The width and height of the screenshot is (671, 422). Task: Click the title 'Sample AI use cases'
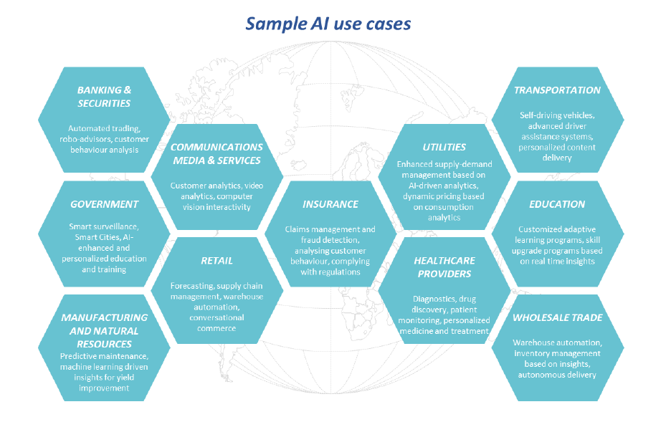click(x=328, y=24)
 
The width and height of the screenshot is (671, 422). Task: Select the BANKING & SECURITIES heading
click(x=104, y=97)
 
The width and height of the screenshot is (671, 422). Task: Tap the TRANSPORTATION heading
click(x=557, y=90)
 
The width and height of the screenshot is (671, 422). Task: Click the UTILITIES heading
click(x=444, y=147)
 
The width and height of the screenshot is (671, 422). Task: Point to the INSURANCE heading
click(x=330, y=204)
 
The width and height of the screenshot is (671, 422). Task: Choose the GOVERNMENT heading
click(x=104, y=204)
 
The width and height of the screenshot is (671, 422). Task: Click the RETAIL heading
click(x=216, y=261)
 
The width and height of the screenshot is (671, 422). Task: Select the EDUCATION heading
click(x=557, y=204)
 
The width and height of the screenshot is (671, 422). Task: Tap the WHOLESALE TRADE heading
click(x=557, y=317)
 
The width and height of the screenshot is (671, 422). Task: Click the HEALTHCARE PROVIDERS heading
click(x=444, y=267)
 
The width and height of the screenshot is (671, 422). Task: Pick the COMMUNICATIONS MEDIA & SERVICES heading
click(x=216, y=153)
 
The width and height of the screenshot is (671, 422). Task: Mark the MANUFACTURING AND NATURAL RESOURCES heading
click(x=104, y=330)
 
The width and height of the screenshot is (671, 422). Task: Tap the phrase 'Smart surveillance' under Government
click(x=103, y=226)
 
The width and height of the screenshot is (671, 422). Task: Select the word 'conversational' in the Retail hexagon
click(x=216, y=317)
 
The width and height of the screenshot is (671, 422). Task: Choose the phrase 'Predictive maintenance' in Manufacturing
click(x=103, y=357)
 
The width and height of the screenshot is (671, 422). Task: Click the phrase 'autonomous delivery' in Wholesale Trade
click(x=557, y=375)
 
